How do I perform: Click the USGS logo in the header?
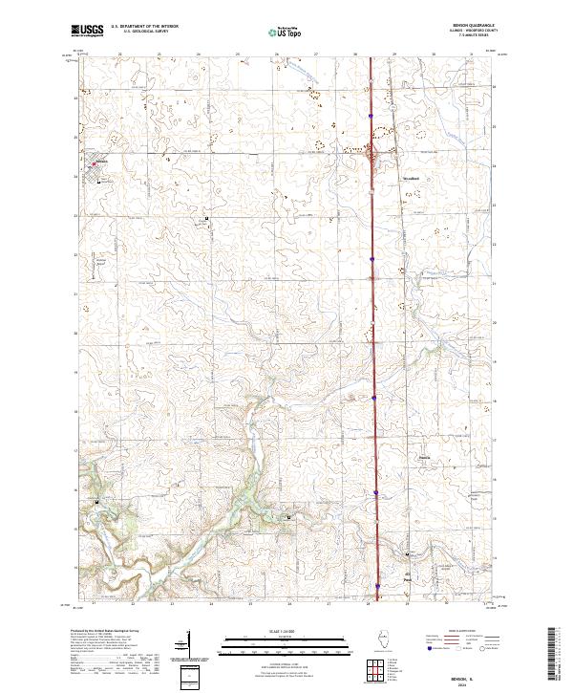pos(87,31)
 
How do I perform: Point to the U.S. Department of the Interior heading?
pos(144,27)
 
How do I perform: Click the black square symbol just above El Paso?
pos(408,553)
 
